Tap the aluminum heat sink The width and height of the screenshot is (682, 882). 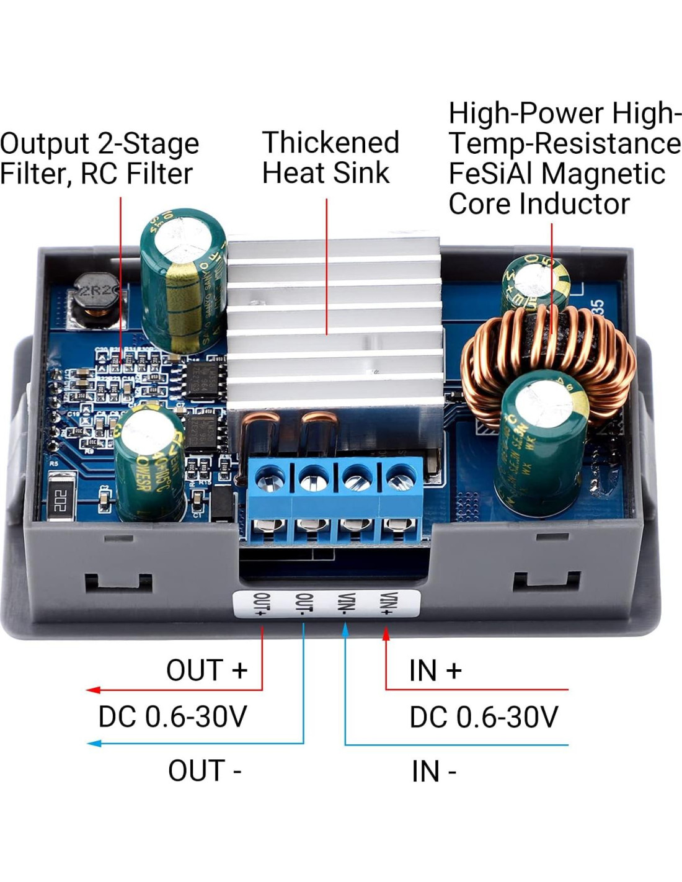point(335,323)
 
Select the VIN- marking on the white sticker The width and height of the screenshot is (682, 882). point(345,604)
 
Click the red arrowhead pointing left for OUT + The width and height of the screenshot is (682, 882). point(93,690)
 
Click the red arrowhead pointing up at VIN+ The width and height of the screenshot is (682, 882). point(386,634)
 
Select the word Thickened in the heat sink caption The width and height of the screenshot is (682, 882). point(330,143)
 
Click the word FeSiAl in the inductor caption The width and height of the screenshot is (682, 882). point(490,174)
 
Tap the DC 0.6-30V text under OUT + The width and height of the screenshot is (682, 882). point(172,717)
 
